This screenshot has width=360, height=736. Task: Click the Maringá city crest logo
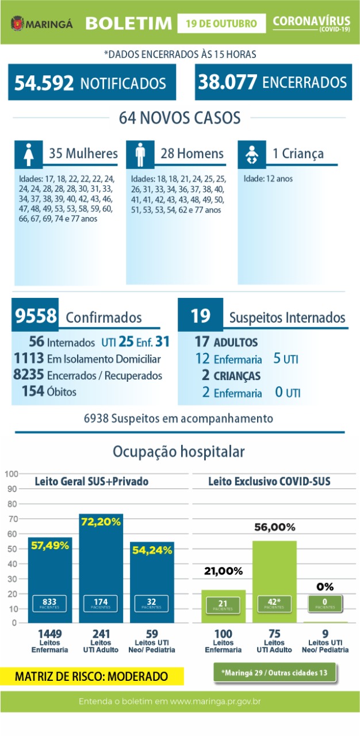pos(17,24)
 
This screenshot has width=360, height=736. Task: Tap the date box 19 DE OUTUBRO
pos(221,24)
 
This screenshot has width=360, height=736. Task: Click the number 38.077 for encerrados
pos(227,82)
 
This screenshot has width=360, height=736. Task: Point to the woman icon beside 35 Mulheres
pos(28,154)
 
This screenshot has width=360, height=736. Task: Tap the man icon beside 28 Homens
pos(140,154)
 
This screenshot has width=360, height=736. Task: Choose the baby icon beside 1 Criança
pos(251,154)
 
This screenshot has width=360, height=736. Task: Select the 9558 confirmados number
pos(36,316)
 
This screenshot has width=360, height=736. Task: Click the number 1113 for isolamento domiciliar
pos(29,359)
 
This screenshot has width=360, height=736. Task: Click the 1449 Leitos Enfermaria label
pos(49,641)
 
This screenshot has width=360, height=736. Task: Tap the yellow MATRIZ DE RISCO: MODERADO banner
pos(91,676)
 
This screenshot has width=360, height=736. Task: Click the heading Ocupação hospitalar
pos(179,451)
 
